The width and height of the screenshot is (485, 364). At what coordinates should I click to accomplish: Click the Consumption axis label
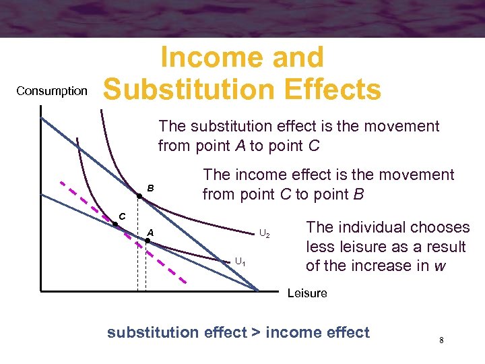click(52, 91)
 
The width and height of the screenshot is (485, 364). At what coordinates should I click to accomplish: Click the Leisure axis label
click(306, 293)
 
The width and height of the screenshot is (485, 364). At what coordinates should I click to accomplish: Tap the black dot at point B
click(138, 196)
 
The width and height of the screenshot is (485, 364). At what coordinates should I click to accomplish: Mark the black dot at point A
click(148, 240)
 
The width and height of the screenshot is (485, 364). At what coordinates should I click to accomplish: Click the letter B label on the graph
click(151, 187)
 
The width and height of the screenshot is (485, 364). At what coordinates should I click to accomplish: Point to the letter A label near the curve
click(151, 233)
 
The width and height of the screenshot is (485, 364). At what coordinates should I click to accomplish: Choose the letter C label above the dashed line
click(123, 216)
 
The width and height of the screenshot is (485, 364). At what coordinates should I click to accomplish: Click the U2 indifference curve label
click(265, 234)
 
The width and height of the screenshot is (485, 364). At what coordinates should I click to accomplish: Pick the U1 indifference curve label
click(240, 261)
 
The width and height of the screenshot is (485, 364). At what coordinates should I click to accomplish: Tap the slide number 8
click(441, 340)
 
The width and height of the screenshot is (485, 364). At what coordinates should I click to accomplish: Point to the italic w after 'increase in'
click(440, 265)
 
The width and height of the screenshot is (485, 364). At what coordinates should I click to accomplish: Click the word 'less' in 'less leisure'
click(320, 246)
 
